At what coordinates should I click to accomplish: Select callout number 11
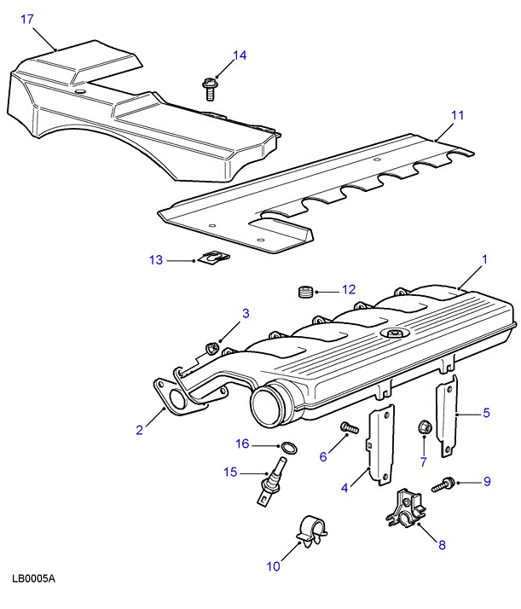457,114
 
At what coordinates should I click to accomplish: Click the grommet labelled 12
304,293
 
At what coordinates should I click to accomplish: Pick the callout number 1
484,258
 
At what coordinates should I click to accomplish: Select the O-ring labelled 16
289,448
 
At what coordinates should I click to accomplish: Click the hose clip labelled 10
310,530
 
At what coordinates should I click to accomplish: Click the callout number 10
273,565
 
